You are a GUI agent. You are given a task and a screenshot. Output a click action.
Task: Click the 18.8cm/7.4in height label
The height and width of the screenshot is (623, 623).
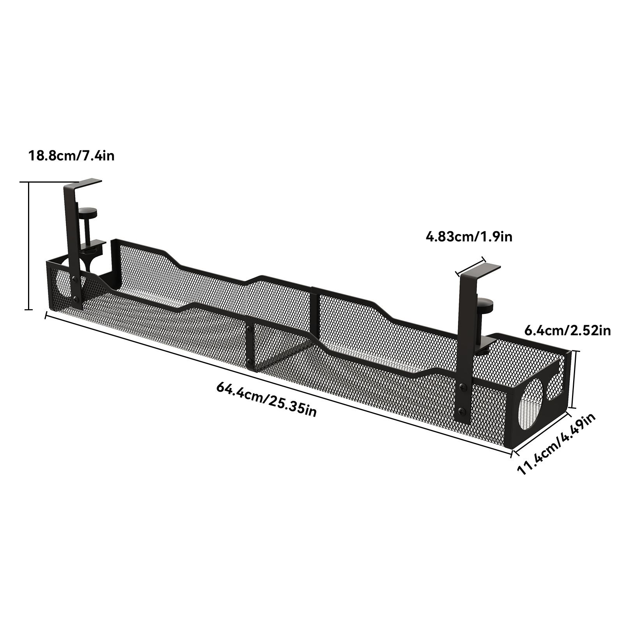click(x=72, y=156)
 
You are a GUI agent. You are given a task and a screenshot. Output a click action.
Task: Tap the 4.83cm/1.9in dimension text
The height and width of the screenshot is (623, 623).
click(x=469, y=236)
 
